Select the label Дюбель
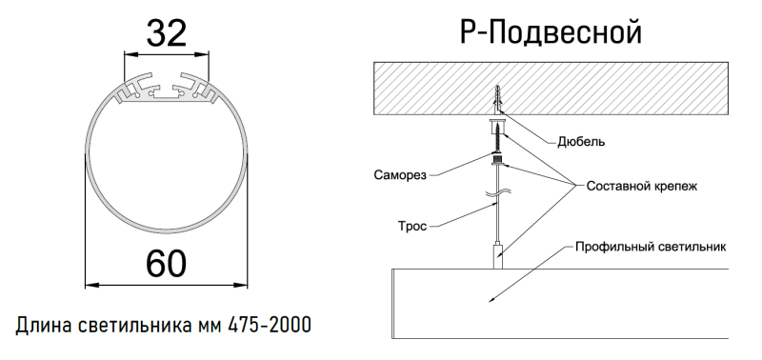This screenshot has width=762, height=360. pyautogui.click(x=581, y=142)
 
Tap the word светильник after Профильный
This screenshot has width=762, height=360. pyautogui.click(x=692, y=246)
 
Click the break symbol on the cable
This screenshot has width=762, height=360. pyautogui.click(x=495, y=201)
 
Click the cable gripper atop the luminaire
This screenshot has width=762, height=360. pyautogui.click(x=495, y=255)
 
